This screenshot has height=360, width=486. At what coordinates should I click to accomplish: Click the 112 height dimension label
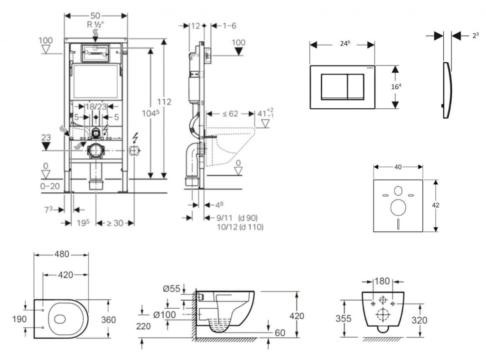164,102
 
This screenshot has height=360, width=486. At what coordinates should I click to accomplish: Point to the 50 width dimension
95,15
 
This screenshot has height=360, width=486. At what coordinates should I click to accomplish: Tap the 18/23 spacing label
95,107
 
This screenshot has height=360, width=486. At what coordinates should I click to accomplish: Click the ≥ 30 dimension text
115,223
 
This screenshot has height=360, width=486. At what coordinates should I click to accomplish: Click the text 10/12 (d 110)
240,227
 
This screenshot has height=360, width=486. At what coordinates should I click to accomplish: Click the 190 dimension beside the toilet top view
19,319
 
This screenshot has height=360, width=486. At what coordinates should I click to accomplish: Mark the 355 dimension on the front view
343,318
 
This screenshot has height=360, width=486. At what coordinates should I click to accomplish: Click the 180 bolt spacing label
382,281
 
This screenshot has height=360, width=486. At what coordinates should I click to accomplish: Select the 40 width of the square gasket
398,167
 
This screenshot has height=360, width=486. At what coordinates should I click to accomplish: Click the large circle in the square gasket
398,207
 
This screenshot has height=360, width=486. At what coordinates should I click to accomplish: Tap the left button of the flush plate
335,86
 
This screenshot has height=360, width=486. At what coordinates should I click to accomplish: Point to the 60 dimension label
280,333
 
